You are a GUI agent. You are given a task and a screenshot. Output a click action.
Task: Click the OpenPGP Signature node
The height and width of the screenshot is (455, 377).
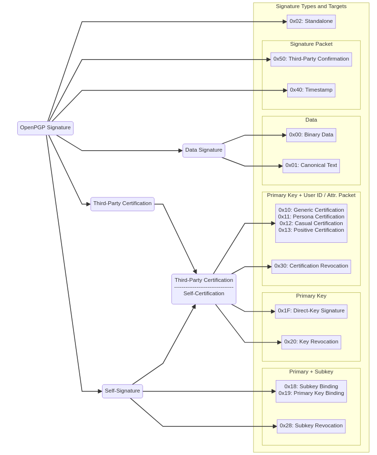pos(45,128)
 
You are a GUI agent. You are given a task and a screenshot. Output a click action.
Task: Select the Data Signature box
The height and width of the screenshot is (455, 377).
pos(204,150)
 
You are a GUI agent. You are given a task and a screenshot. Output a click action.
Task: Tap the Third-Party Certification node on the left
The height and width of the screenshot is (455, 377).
pos(122,204)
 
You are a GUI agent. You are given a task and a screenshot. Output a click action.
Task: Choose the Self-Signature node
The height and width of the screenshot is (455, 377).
pos(122,391)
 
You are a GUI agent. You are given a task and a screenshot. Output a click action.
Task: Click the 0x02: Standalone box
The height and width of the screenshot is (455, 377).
pos(311,21)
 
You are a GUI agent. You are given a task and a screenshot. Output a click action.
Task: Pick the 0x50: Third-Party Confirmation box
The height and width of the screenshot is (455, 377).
pos(311,59)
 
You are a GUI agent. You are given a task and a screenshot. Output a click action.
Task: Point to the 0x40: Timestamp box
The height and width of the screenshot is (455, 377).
pos(311,90)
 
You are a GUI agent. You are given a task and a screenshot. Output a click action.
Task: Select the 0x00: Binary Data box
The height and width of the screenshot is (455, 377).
pos(311,135)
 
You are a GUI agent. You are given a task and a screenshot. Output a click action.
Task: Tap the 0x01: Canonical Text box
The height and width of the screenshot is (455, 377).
pos(311,165)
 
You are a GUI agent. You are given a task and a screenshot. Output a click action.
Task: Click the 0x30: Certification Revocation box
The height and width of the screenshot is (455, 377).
pos(311,266)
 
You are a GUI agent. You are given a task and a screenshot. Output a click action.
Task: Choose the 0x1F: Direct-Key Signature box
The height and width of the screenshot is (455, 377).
pos(311,311)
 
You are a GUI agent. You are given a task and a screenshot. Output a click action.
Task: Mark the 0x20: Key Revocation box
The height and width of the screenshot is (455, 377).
pos(311,342)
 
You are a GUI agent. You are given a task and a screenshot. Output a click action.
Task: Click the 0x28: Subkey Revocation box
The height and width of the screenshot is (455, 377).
pos(311,426)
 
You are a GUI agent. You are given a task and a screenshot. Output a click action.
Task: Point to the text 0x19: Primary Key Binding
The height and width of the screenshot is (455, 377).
pos(311,393)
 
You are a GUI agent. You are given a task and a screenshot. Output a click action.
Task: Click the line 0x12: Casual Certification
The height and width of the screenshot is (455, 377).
pos(311,223)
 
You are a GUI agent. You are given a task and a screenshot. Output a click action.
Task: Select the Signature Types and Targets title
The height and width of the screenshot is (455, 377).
pos(311,7)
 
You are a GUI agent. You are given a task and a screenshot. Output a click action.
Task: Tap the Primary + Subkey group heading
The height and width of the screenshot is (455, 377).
pos(311,372)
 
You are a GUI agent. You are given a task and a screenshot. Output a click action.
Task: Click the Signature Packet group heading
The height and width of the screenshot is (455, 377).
pos(311,44)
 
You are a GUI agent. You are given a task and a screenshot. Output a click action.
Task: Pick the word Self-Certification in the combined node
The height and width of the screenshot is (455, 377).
pos(204,294)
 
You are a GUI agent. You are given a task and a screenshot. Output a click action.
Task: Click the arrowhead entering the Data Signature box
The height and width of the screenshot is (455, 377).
pos(180,151)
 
